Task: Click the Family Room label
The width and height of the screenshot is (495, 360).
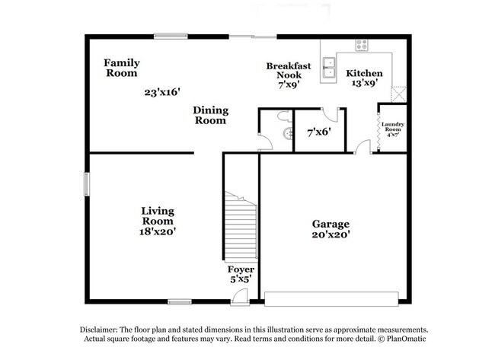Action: pos(121,68)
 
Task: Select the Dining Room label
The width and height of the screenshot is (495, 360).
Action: pos(211,115)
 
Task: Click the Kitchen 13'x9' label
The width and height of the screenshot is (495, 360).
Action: pos(365,78)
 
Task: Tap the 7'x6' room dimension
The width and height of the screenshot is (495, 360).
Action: pos(318,132)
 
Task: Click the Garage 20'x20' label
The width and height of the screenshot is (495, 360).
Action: pos(331,229)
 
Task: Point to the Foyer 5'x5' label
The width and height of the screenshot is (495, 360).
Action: pos(241,275)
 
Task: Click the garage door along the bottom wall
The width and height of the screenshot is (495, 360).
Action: pos(337,297)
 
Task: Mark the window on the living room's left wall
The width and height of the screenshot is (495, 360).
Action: pos(87,184)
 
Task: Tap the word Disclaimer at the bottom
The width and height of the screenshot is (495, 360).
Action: pos(102,328)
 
